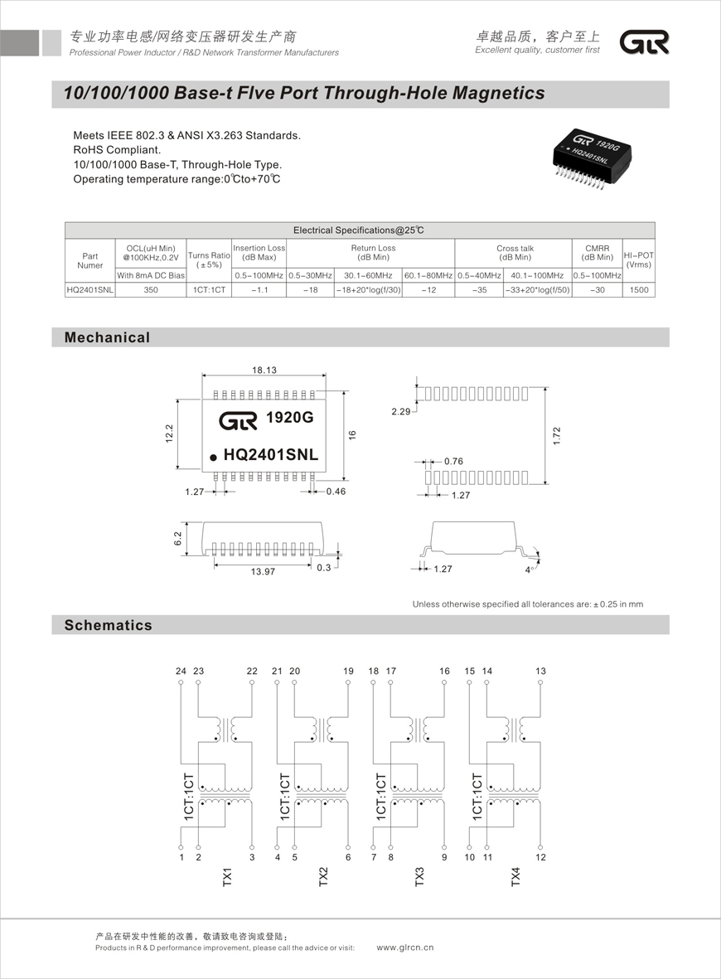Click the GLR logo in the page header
(644, 43)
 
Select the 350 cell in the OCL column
(150, 290)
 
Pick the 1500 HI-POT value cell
(638, 290)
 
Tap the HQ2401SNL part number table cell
(90, 290)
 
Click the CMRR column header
(597, 252)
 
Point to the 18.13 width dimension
(264, 370)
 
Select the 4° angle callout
(529, 569)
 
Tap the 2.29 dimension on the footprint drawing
(401, 412)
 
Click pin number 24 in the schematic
(181, 671)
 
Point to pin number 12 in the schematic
(540, 857)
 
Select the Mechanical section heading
(108, 337)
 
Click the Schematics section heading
(109, 625)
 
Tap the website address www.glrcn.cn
(405, 947)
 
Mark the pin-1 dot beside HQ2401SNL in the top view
(213, 456)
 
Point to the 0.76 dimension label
(453, 461)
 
